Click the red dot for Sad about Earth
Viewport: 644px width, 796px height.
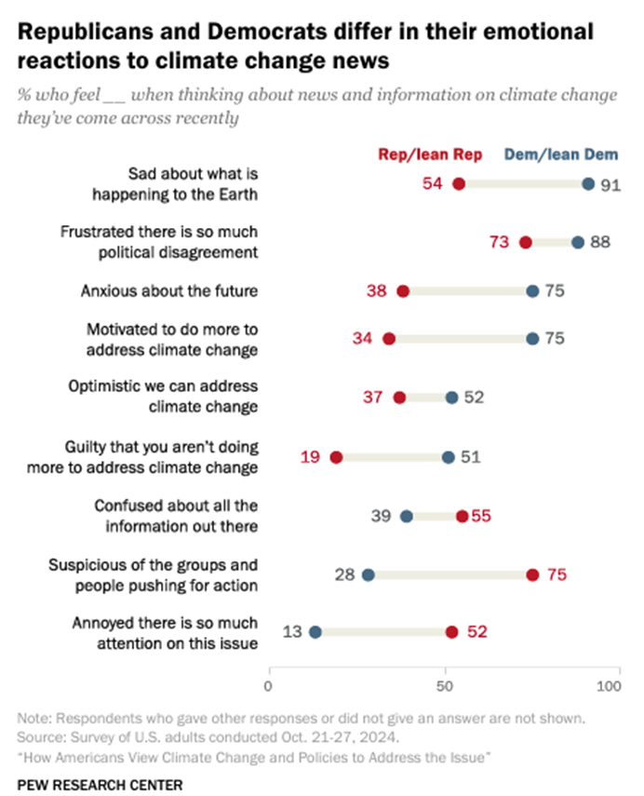459,184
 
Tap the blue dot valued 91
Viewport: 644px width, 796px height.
588,184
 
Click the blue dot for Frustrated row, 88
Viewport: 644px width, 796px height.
578,242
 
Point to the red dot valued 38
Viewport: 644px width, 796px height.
403,291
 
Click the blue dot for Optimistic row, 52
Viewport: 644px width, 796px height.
451,398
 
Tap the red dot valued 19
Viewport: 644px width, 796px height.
336,457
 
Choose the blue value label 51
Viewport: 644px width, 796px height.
470,457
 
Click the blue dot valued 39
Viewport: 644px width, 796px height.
406,516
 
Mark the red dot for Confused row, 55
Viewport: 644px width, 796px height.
463,516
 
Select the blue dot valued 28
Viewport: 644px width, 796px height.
368,574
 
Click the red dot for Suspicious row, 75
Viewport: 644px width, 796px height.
532,574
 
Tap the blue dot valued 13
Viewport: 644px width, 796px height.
315,632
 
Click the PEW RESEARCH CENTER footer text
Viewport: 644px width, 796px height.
100,784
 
